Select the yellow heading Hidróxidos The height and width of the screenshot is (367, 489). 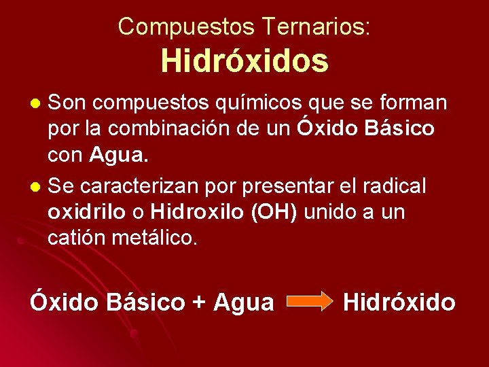point(244,61)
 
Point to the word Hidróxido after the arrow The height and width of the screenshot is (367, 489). point(399,302)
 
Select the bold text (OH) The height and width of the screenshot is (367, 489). point(274,212)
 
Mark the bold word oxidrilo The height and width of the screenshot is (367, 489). point(87,212)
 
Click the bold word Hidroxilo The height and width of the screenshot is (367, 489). point(198,212)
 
